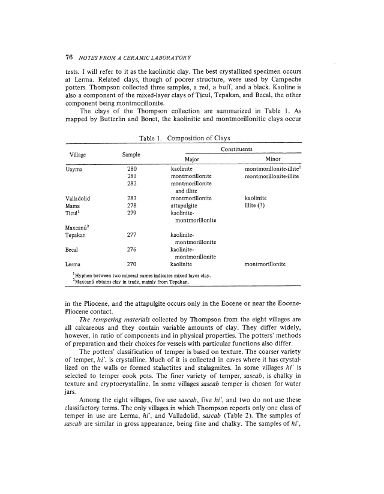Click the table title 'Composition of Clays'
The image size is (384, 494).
[x=211, y=139]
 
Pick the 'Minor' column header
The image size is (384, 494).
[x=272, y=159]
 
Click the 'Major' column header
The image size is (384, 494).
[x=192, y=159]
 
